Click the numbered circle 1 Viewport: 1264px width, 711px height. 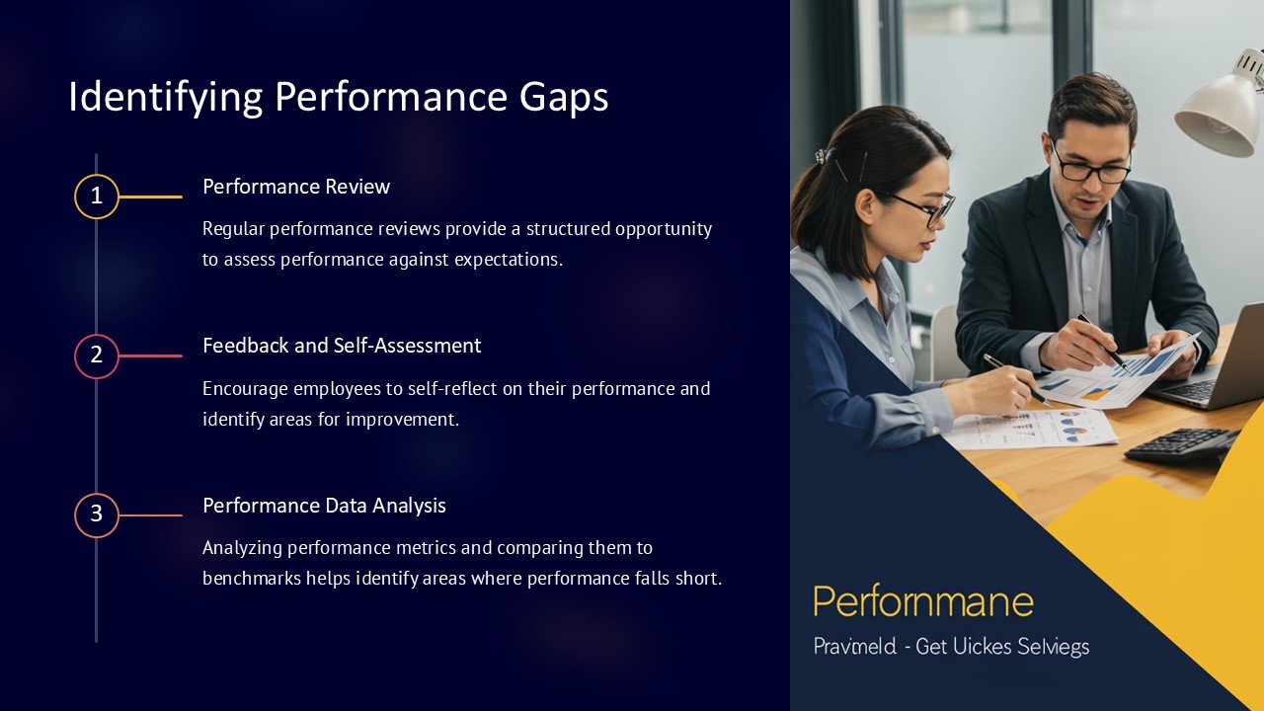click(97, 197)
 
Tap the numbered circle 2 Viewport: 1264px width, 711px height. click(97, 355)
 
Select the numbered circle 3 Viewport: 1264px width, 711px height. click(97, 514)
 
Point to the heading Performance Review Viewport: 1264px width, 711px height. click(296, 187)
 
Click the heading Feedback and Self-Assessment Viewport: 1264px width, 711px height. click(342, 346)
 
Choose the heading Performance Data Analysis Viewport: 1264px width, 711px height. click(324, 506)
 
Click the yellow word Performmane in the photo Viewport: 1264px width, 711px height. click(923, 601)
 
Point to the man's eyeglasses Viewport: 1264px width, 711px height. click(1091, 169)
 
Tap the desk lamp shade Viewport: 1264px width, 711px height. click(1220, 109)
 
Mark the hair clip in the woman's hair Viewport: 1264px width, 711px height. click(821, 156)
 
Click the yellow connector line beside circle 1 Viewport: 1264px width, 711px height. click(151, 197)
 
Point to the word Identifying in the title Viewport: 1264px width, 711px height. click(164, 98)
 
